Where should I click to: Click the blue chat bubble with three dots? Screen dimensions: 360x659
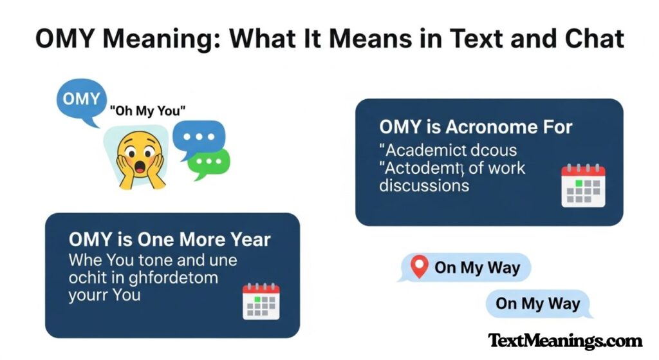coord(203,137)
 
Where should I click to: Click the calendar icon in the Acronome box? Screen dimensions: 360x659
coord(583,185)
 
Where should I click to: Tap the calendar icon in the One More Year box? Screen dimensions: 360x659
coord(261,301)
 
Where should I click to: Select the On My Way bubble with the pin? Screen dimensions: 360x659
coord(465,267)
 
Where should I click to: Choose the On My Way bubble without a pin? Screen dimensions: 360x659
coord(538,304)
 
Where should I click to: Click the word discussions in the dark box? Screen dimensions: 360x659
coord(424,186)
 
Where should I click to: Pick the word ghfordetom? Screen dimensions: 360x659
coord(170,278)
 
